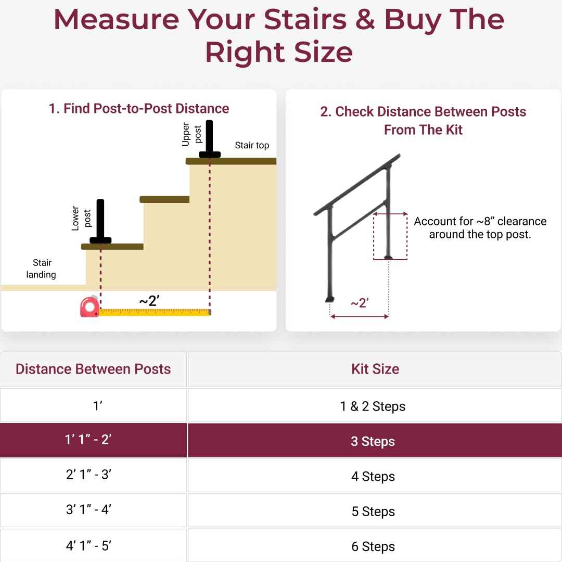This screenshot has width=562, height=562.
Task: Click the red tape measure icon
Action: [90, 307]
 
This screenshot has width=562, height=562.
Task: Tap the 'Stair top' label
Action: [252, 145]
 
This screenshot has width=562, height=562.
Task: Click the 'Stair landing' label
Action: [42, 269]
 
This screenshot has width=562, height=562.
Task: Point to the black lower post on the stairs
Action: [100, 222]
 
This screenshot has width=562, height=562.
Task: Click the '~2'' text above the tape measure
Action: [149, 301]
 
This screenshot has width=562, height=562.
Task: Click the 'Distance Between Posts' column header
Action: [93, 369]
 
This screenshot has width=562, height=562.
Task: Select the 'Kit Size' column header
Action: [375, 369]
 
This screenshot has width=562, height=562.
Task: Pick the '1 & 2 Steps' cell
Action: [373, 406]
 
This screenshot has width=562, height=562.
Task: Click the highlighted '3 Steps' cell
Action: [373, 441]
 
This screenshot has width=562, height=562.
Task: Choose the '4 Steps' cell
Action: [373, 476]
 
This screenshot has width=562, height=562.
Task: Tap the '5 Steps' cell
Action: [373, 512]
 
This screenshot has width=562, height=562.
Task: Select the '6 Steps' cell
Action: [373, 546]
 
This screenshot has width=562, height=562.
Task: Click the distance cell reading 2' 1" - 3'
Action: [88, 475]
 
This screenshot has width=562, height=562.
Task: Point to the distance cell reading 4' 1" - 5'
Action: [88, 546]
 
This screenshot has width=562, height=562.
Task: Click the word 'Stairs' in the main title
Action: [305, 20]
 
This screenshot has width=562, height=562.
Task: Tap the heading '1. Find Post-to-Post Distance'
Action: [139, 108]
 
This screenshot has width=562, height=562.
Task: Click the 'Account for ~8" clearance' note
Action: [480, 227]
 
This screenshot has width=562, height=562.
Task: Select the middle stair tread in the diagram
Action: [164, 199]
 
